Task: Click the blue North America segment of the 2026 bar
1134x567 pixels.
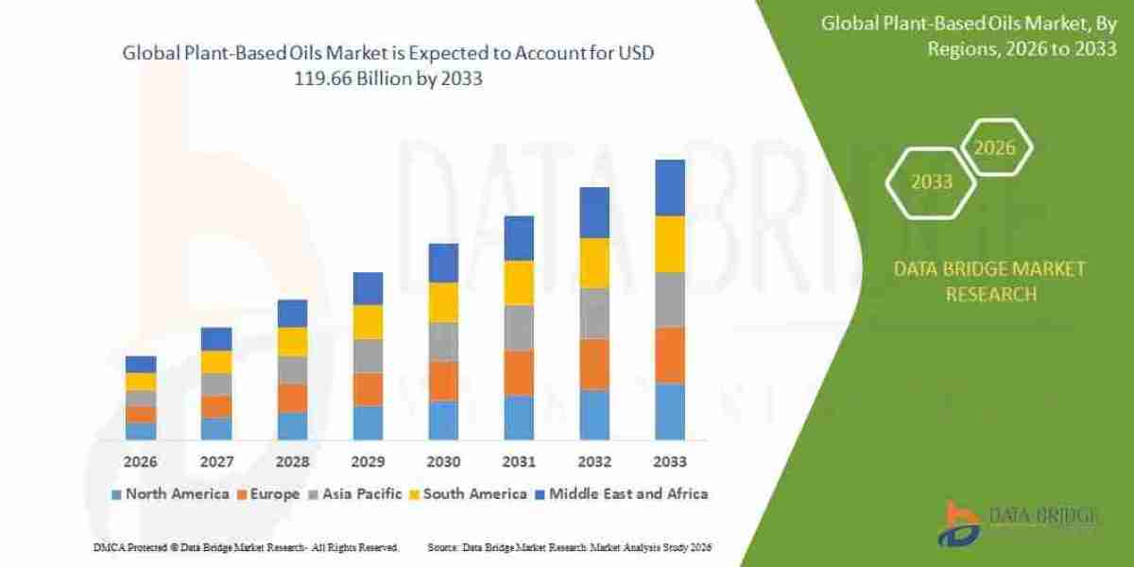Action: pos(141,430)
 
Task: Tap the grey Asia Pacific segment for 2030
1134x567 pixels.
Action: pos(443,341)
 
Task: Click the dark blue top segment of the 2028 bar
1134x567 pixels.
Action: pos(292,313)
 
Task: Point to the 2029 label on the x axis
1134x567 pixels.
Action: pos(368,462)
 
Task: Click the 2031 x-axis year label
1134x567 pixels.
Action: pos(519,462)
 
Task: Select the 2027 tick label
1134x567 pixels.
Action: pos(216,462)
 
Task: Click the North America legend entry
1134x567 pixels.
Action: pos(170,493)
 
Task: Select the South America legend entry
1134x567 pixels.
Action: pos(468,493)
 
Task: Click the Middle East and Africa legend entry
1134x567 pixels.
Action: pos(622,493)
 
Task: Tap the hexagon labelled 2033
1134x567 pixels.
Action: pos(932,181)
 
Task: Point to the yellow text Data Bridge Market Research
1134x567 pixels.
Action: pos(990,282)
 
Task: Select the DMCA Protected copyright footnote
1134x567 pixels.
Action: pos(247,547)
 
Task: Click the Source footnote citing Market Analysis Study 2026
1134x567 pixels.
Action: pos(569,547)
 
